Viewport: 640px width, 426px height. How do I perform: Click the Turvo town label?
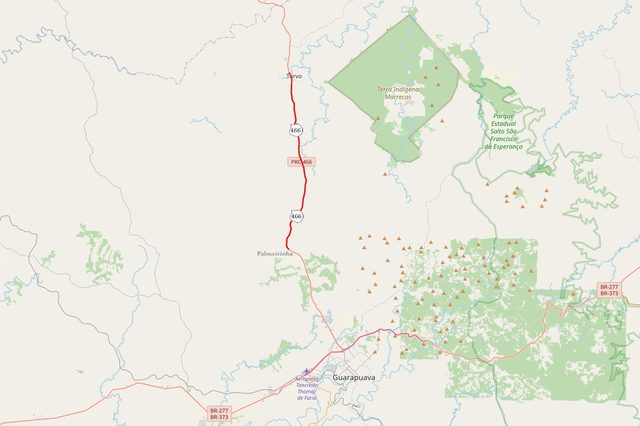[294, 77]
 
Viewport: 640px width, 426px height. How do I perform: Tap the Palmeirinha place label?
[275, 254]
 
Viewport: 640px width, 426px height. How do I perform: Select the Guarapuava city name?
[354, 378]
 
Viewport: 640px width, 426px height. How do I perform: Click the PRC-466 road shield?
[301, 162]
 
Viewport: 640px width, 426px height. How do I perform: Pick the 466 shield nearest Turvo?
[296, 130]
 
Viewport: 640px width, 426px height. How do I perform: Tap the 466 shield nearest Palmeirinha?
[297, 216]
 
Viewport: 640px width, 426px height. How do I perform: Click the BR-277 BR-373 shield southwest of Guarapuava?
[219, 414]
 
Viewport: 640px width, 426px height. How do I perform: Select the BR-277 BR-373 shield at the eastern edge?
[609, 290]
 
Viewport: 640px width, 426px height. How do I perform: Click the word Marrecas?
[398, 97]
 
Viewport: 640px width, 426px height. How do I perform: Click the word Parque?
[503, 116]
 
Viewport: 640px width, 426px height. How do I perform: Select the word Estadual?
[503, 124]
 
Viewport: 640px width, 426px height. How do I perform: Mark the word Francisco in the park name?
[503, 139]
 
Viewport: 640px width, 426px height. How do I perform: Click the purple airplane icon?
[306, 371]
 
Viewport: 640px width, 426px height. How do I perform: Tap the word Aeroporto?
[307, 379]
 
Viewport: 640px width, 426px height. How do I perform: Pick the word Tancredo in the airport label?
[307, 386]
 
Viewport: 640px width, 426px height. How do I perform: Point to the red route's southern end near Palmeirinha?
[287, 249]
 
